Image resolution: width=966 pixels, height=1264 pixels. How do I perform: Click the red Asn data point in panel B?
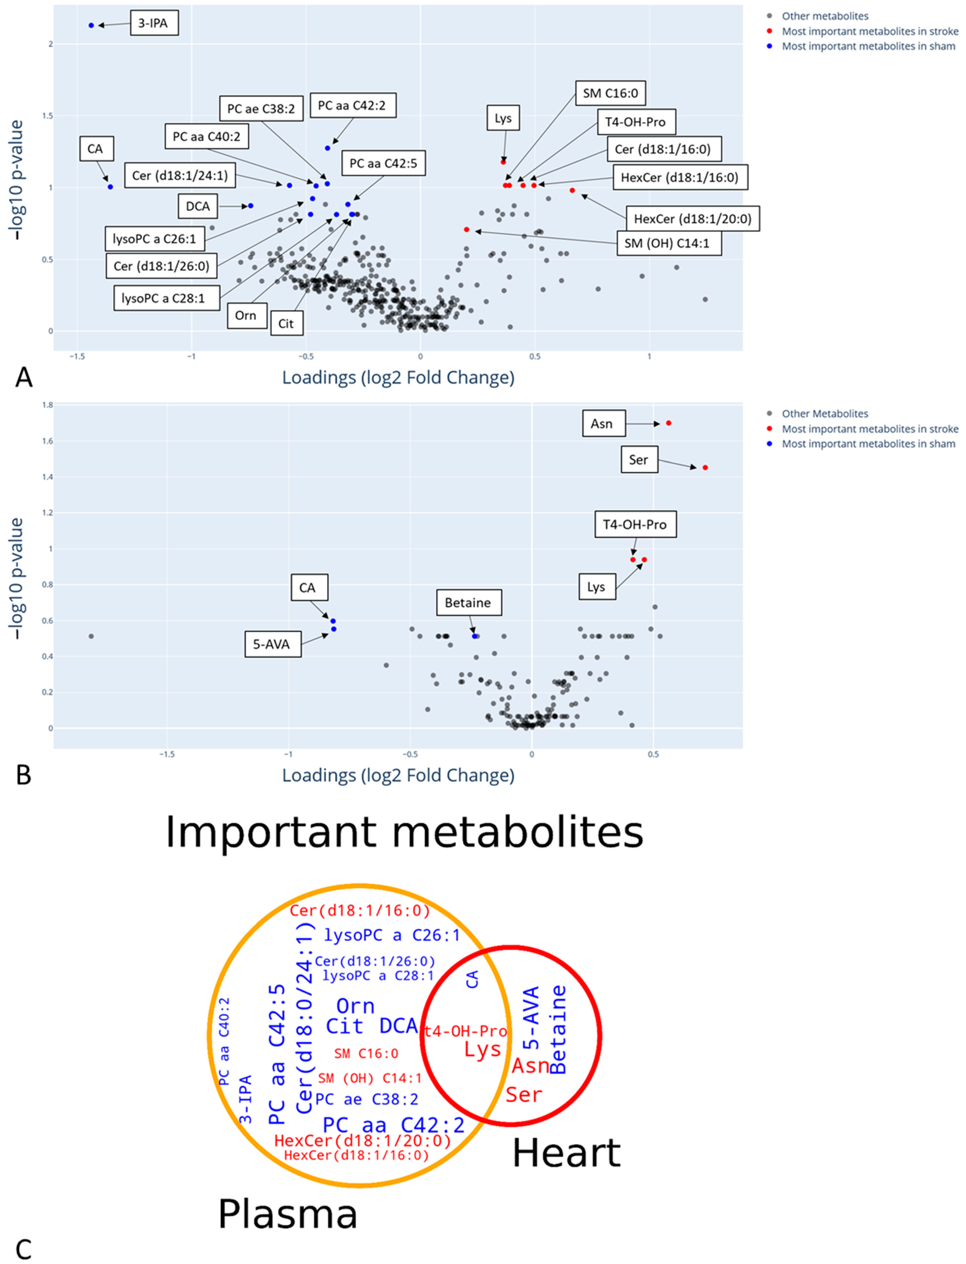(x=669, y=423)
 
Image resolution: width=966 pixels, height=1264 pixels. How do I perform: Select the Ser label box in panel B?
(x=639, y=460)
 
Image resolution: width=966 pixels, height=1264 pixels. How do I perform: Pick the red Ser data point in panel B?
(x=706, y=468)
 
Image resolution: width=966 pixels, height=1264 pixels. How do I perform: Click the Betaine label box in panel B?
(x=468, y=603)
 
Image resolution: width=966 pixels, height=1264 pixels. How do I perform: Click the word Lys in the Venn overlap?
(x=483, y=1049)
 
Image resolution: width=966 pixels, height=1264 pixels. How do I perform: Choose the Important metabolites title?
(x=404, y=831)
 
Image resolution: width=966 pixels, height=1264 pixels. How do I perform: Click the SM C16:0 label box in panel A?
(x=610, y=93)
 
